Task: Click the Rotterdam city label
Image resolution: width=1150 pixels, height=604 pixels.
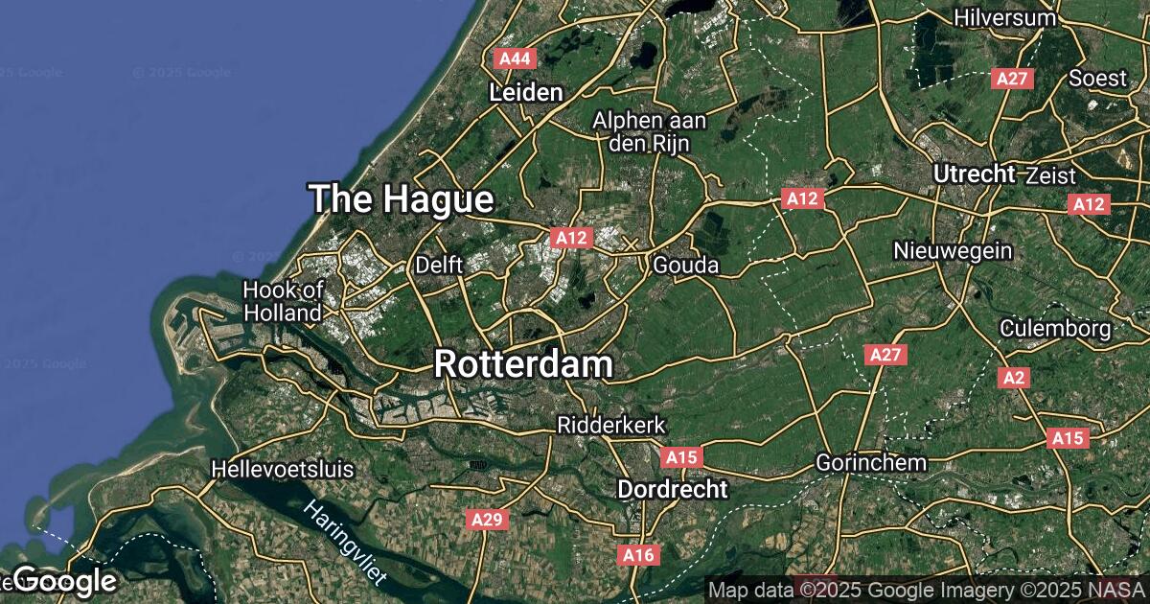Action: click(523, 364)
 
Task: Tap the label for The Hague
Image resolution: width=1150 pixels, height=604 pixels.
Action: click(402, 199)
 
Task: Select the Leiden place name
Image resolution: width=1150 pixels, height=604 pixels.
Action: click(525, 93)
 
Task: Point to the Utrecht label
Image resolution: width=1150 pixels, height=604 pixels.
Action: click(974, 174)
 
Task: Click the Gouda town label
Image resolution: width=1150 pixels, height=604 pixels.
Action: click(685, 265)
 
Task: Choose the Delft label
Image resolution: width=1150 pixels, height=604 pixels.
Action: click(440, 264)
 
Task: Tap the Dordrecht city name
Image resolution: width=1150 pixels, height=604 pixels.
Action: click(672, 489)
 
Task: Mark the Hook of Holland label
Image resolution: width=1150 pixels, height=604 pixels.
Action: click(283, 301)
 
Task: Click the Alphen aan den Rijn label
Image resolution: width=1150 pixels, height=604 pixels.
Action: click(649, 132)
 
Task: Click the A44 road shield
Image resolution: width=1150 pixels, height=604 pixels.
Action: click(515, 59)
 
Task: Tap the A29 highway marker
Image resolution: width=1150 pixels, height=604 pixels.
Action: click(488, 520)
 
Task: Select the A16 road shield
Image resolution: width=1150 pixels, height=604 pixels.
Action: click(637, 555)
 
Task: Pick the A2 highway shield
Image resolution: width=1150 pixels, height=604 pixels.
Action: click(1014, 379)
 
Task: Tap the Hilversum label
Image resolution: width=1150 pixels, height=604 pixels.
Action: click(1004, 17)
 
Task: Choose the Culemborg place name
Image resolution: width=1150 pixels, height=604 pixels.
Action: click(1055, 329)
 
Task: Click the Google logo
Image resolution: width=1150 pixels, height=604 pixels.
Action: click(65, 581)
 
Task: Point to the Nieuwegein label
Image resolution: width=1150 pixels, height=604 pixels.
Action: click(953, 251)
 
